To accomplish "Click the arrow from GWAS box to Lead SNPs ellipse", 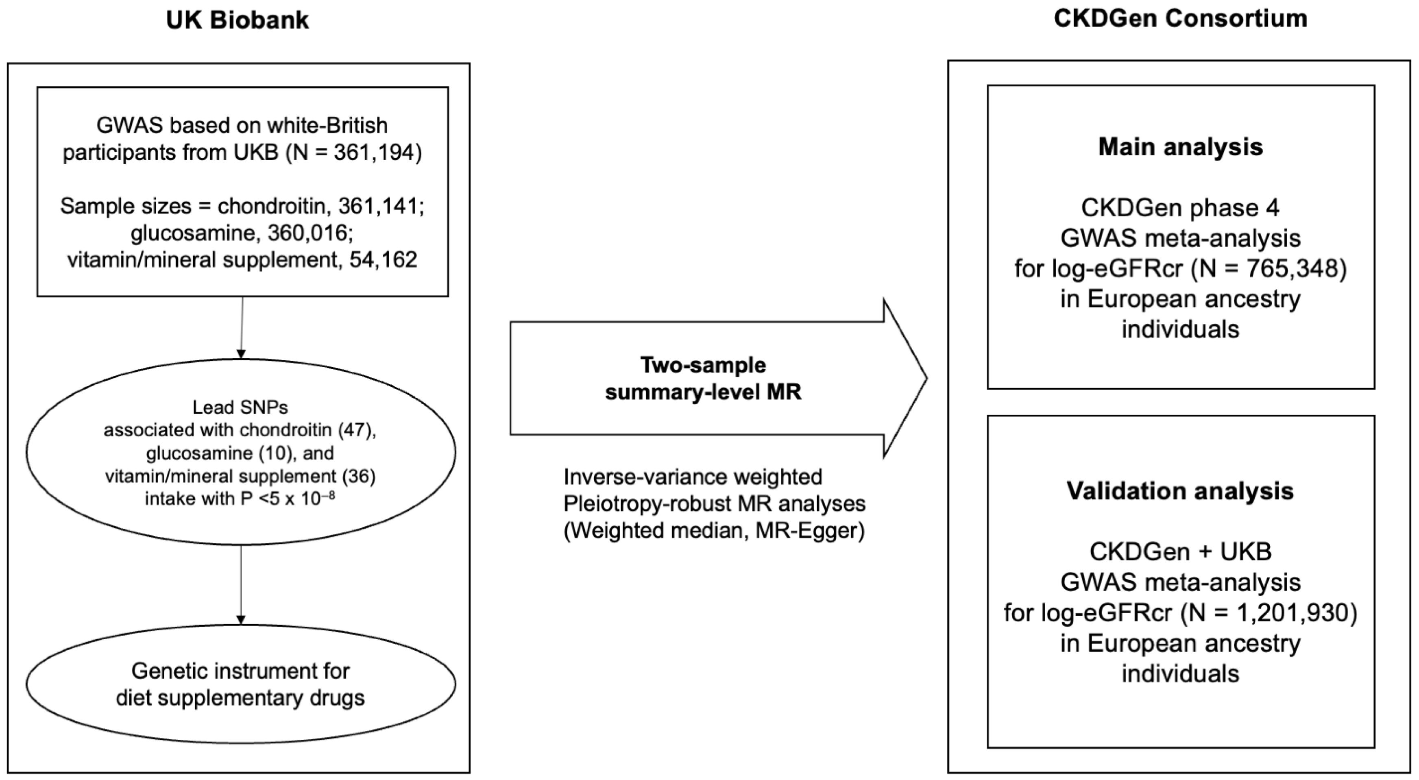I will point(241,327).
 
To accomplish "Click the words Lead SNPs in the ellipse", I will point(240,407).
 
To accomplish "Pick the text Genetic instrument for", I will point(240,671).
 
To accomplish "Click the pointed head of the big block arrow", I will point(906,379).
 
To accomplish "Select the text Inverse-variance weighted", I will point(693,477).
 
